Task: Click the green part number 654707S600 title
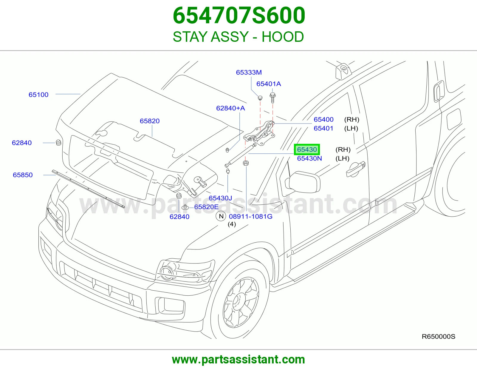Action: [239, 16]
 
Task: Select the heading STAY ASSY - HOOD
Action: [238, 37]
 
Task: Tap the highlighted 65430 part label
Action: [307, 149]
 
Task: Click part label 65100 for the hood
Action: [38, 95]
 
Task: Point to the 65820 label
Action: [150, 121]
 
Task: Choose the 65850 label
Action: [23, 175]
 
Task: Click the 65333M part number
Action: [249, 72]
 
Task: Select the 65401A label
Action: [269, 84]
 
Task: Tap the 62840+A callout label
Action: [230, 108]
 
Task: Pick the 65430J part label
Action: [220, 198]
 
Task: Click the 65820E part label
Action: [206, 207]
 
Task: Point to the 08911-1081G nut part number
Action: [250, 217]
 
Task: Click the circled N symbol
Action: [221, 216]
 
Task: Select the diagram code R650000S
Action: [438, 336]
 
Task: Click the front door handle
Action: [355, 169]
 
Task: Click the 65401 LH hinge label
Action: [323, 128]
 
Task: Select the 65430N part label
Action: [309, 158]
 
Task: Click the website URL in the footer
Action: [238, 360]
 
